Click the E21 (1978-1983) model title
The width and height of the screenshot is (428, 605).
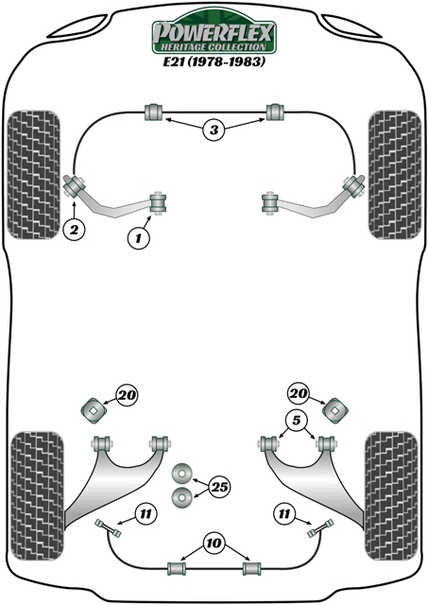click(214, 61)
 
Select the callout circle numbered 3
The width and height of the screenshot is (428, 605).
click(214, 130)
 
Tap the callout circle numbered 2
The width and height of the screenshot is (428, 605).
click(74, 231)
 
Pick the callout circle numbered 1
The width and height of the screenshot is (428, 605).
click(138, 238)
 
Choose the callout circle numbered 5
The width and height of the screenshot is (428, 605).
click(296, 420)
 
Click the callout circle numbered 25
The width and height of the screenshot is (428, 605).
click(219, 487)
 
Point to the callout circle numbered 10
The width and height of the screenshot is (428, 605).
click(214, 544)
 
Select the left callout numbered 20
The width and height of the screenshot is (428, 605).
click(127, 395)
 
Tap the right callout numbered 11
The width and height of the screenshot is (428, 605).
click(284, 513)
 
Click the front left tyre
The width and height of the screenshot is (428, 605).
click(34, 175)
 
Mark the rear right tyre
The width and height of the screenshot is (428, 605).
click(391, 496)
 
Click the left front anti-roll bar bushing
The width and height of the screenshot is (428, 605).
click(153, 112)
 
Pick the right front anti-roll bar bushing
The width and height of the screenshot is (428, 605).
click(275, 112)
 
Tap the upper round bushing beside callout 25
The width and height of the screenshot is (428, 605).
click(182, 473)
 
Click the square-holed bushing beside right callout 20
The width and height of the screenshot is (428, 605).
click(335, 411)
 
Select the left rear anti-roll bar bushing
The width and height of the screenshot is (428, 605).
click(177, 568)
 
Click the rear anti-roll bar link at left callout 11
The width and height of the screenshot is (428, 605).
click(108, 528)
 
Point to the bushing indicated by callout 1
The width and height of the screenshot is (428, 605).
click(159, 201)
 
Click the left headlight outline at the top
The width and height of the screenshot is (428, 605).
click(77, 27)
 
